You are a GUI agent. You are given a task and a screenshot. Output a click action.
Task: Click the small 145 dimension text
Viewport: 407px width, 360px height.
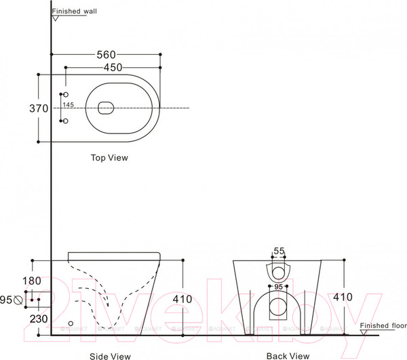click(x=68, y=105)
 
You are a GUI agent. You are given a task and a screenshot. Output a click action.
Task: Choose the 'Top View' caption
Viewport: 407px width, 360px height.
click(x=109, y=157)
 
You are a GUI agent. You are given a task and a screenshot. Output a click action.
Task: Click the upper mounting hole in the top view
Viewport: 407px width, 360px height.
click(x=65, y=93)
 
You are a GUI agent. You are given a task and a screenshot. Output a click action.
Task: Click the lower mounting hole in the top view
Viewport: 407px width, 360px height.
click(x=65, y=121)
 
